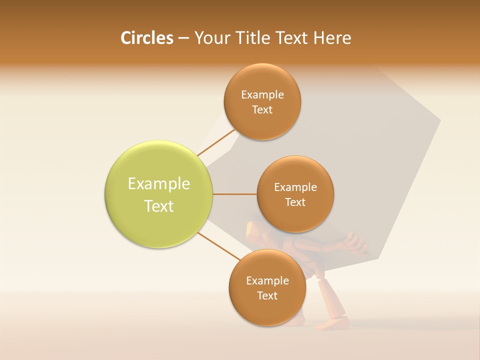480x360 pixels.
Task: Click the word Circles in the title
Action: (146, 38)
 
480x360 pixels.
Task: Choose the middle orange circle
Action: (295, 218)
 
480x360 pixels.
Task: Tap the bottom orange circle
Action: (267, 310)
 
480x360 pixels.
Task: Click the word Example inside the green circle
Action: (159, 184)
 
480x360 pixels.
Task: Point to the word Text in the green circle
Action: (159, 206)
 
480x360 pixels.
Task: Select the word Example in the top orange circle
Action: (262, 95)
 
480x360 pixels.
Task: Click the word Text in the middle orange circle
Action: (295, 202)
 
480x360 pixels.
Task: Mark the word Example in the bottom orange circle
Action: (267, 281)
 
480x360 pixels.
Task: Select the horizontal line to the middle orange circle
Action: (234, 194)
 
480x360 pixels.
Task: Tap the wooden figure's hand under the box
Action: (356, 242)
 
